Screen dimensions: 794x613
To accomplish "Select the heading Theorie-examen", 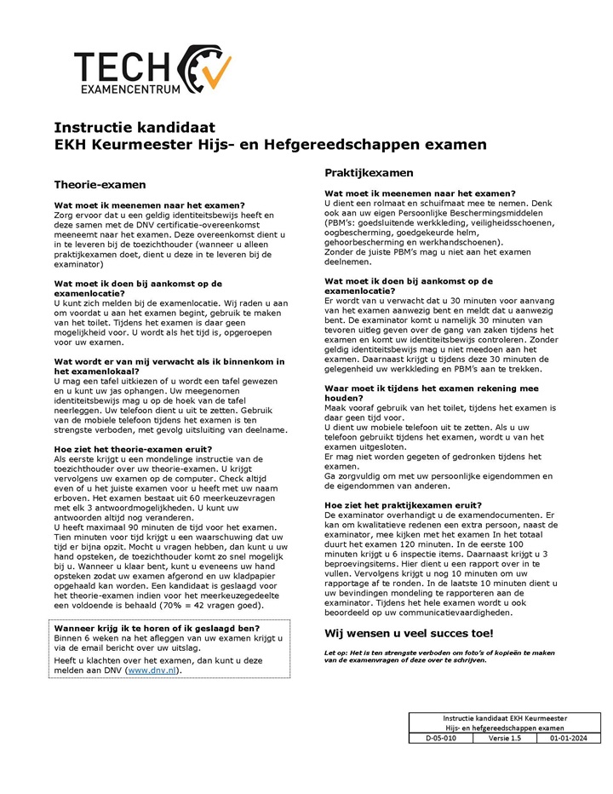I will [x=100, y=184].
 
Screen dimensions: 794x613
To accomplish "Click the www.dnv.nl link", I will [x=153, y=670].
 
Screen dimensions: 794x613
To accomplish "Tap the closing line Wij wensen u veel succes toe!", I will [x=409, y=633].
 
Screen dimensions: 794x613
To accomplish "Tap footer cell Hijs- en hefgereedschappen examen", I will [x=505, y=728].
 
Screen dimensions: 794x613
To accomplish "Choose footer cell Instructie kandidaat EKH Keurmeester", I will [x=505, y=718].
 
